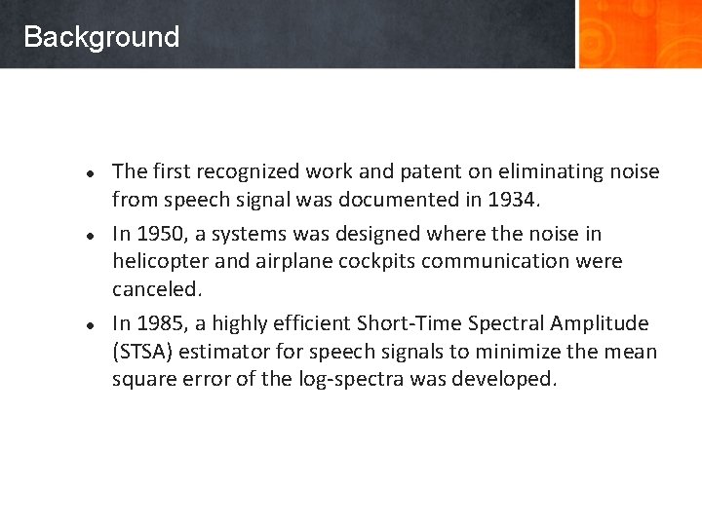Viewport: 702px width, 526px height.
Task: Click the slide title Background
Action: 101,37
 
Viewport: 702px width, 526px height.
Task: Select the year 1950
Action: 159,234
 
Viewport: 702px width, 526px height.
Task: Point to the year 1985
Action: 159,323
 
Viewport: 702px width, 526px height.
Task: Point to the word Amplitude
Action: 599,323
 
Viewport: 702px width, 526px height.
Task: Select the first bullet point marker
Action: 88,173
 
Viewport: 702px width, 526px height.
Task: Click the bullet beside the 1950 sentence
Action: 88,235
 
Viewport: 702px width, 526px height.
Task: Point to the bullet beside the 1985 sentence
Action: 88,324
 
